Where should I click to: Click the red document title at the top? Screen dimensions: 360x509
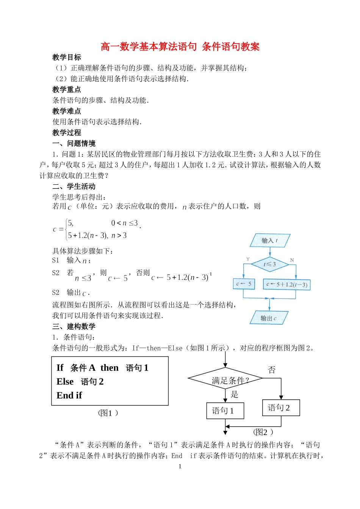(180, 47)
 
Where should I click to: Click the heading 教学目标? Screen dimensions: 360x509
(67, 57)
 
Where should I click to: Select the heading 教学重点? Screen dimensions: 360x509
(67, 90)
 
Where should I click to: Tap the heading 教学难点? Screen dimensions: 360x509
(67, 111)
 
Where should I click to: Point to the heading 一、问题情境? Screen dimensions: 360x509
(74, 143)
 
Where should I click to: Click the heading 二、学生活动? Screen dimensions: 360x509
(74, 187)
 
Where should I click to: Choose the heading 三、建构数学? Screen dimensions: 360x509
(74, 327)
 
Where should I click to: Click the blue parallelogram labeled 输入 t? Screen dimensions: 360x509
(270, 240)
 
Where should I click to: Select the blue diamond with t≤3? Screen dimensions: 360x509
(270, 264)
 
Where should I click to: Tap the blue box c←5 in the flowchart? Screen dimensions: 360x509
(244, 284)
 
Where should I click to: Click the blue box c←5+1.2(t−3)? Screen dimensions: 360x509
(286, 284)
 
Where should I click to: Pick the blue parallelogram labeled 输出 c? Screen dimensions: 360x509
(269, 318)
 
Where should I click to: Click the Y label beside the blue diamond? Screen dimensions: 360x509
(248, 259)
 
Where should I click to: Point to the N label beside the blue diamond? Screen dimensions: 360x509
(292, 260)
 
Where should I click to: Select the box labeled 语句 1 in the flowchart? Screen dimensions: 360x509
(225, 411)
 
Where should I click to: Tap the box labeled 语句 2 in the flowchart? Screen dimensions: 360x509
(281, 408)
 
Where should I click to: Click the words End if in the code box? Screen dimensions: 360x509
(69, 395)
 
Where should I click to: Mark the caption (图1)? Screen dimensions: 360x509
(108, 413)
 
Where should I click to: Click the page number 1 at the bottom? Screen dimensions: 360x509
(180, 467)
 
